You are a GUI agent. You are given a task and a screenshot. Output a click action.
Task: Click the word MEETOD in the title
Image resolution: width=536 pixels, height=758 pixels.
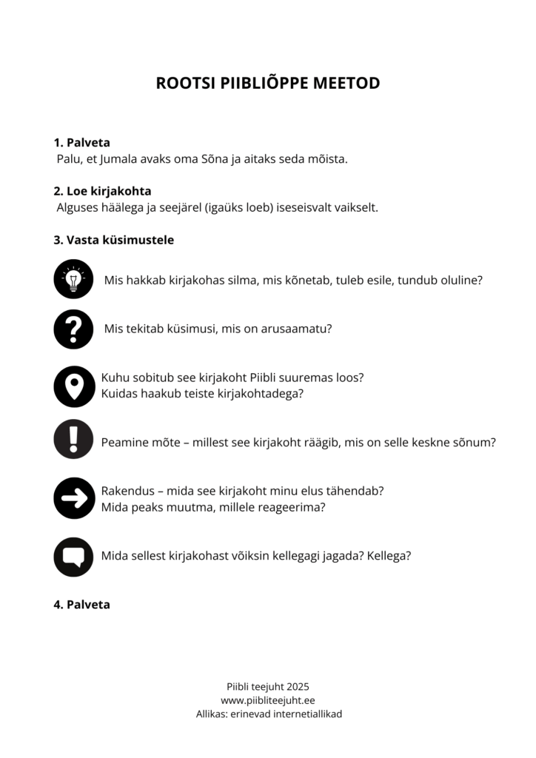tap(346, 83)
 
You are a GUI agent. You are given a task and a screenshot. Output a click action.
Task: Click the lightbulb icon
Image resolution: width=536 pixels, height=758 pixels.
tap(73, 279)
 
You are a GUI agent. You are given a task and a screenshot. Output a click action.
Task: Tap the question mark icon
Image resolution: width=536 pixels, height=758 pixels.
tap(73, 329)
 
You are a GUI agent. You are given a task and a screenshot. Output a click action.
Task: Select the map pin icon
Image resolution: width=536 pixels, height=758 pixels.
tap(73, 386)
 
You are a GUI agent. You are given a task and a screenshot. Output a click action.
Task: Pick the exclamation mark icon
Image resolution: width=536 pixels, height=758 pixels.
tap(73, 439)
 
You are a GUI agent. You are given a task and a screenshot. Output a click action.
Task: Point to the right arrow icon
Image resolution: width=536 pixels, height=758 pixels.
tap(73, 498)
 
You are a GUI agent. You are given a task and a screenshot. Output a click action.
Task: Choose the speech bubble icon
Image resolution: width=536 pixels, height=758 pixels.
tap(73, 557)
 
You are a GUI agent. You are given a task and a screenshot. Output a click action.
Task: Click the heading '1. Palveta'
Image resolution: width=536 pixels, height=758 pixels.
tap(81, 143)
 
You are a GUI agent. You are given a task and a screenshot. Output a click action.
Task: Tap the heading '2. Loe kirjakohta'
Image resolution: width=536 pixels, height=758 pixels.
tap(102, 191)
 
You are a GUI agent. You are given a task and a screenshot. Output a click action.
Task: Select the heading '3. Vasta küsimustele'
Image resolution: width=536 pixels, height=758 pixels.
tap(113, 240)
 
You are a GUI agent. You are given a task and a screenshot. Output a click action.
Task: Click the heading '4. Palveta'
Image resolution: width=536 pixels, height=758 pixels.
tap(81, 605)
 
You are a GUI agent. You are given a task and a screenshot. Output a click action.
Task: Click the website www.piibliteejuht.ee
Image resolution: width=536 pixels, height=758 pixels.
tap(268, 700)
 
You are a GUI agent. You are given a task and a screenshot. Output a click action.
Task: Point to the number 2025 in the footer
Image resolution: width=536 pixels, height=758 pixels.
tap(296, 686)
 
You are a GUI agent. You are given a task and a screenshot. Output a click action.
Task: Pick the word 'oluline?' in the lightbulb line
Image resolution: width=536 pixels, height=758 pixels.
tap(460, 281)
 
